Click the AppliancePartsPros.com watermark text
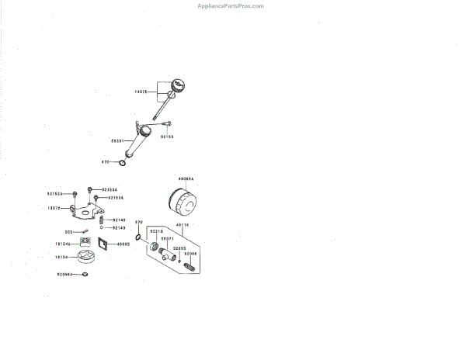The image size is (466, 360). click(x=231, y=5)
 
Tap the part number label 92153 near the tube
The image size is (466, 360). click(x=167, y=136)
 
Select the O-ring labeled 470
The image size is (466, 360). click(x=122, y=162)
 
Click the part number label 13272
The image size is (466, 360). click(x=54, y=208)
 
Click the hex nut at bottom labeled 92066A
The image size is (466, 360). click(x=88, y=274)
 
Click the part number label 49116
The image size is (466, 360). click(x=183, y=226)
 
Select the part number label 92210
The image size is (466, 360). click(x=156, y=231)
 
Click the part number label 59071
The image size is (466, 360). click(x=167, y=239)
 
